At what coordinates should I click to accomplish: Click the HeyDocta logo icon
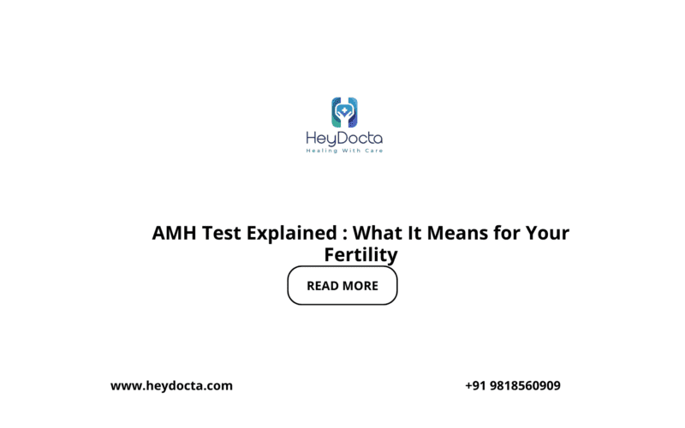pyautogui.click(x=344, y=111)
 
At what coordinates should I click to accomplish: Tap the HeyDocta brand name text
pyautogui.click(x=344, y=138)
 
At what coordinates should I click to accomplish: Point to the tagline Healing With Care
pyautogui.click(x=344, y=151)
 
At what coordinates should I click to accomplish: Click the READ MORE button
pyautogui.click(x=342, y=286)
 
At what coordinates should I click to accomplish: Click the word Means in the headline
pyautogui.click(x=456, y=233)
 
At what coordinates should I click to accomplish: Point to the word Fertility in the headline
pyautogui.click(x=361, y=254)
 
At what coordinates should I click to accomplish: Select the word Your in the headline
pyautogui.click(x=549, y=233)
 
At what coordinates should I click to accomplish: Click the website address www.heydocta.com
pyautogui.click(x=171, y=386)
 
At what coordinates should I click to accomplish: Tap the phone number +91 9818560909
pyautogui.click(x=513, y=386)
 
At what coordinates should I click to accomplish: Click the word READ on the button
pyautogui.click(x=323, y=286)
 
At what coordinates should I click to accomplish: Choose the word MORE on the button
pyautogui.click(x=360, y=286)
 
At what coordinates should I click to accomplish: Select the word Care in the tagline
pyautogui.click(x=374, y=151)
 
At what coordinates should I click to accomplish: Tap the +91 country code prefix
pyautogui.click(x=475, y=386)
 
